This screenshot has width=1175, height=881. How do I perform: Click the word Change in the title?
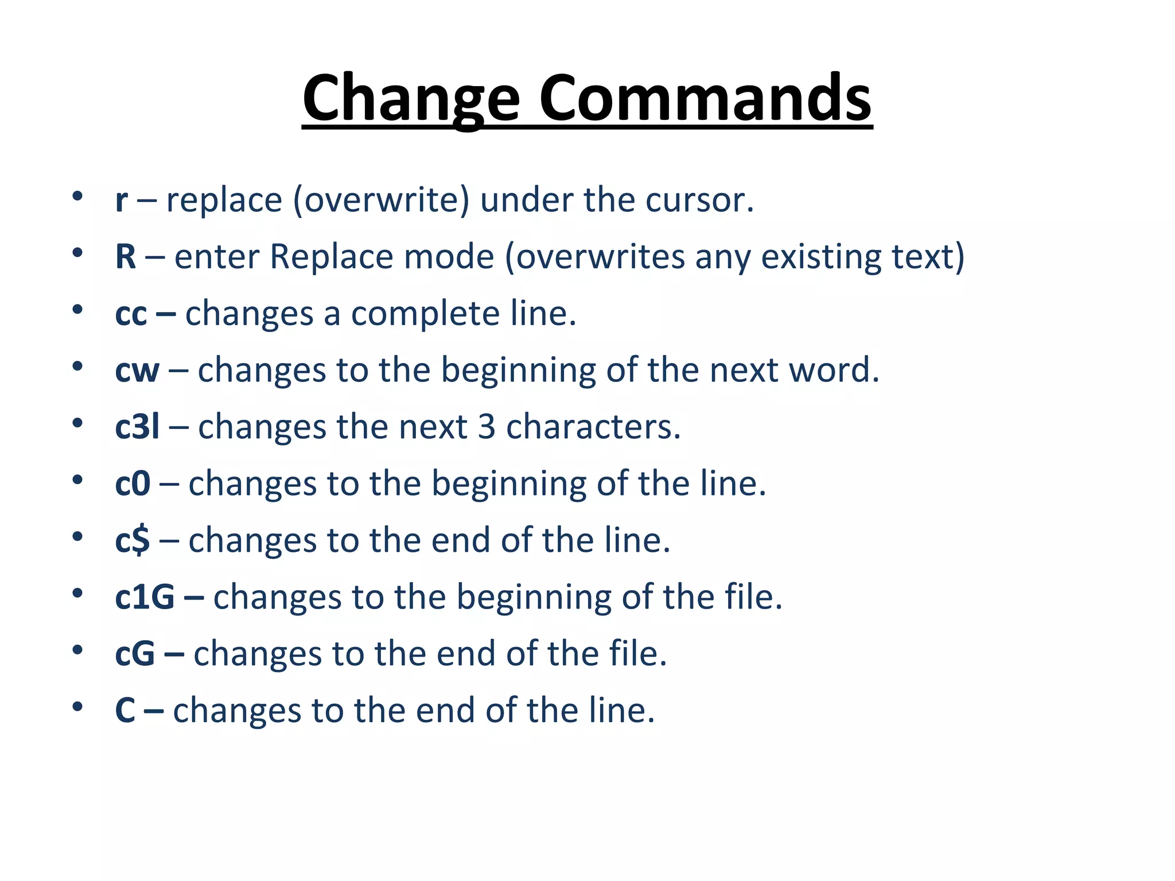coord(411,99)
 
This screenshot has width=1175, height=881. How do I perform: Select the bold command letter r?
coord(121,201)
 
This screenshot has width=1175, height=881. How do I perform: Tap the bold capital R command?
coord(126,256)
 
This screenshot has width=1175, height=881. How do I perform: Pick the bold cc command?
coord(131,315)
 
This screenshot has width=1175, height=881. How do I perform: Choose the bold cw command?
coord(137,371)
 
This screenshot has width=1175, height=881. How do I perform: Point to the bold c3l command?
coord(137,427)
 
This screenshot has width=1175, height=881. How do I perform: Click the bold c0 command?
coord(133,484)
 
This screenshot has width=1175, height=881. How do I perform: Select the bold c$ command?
coord(133,540)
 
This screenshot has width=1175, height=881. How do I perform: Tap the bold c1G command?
coord(145,597)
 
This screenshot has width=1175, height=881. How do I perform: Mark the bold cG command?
coord(135,654)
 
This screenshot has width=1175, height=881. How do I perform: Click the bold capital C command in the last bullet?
coord(125,711)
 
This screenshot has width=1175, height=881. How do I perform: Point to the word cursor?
coord(699,201)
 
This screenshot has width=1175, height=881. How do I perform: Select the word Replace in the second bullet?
coord(331,256)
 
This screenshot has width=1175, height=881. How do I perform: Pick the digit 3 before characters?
coord(487,427)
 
